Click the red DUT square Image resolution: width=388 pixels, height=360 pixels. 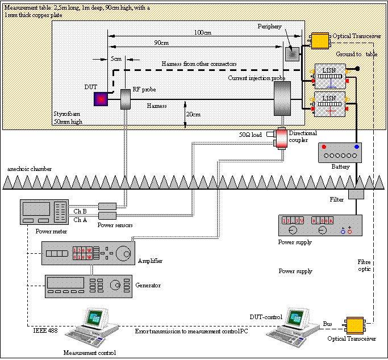(101, 99)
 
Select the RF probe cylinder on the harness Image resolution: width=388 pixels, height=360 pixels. (126, 99)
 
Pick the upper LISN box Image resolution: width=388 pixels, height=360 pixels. (329, 73)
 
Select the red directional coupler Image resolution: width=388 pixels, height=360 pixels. (282, 137)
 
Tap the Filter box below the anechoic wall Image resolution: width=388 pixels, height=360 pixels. (356, 194)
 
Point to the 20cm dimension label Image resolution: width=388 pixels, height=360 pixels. (194, 114)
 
